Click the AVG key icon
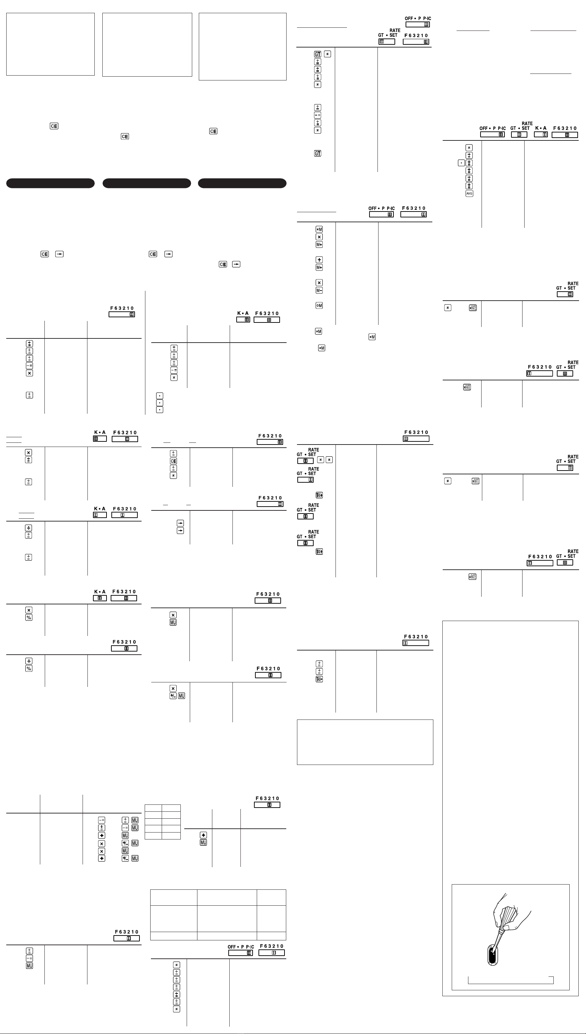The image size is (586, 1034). click(469, 193)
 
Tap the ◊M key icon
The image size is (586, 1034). click(319, 305)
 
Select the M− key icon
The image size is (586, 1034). click(319, 290)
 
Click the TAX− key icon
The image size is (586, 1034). click(319, 679)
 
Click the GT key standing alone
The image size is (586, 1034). click(317, 153)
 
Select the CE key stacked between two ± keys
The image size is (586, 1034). click(173, 461)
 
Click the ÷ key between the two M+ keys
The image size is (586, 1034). click(319, 260)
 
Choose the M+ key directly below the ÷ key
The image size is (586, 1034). click(319, 267)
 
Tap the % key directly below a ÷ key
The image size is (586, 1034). click(28, 669)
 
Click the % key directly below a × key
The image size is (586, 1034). click(28, 618)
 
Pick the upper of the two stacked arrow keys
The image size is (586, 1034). click(180, 523)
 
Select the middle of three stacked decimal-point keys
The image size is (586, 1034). click(159, 403)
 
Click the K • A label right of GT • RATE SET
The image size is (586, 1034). click(541, 128)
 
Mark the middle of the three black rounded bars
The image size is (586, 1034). click(146, 183)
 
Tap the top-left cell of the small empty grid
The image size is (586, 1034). click(153, 808)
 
